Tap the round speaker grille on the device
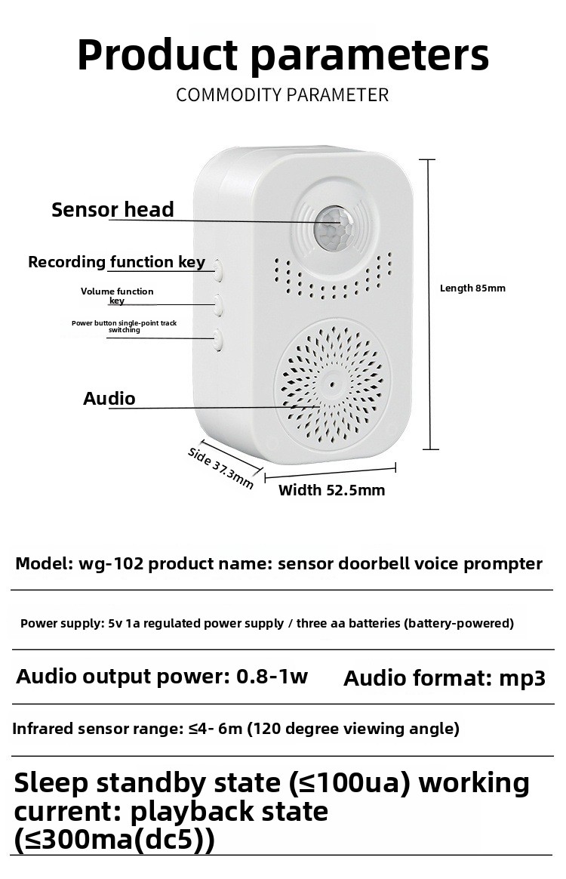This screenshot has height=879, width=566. [332, 384]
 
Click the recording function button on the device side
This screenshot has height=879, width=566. [217, 271]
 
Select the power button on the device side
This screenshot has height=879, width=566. [217, 340]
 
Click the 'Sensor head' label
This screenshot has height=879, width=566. [112, 210]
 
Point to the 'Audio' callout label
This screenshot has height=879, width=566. [109, 399]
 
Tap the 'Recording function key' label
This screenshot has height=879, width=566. [116, 262]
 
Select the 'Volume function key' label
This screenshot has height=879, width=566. [116, 295]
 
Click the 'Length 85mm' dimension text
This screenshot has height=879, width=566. [472, 288]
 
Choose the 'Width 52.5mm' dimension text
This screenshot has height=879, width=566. [332, 491]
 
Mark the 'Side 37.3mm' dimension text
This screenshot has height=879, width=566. [220, 467]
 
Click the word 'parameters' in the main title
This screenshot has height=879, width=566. [369, 55]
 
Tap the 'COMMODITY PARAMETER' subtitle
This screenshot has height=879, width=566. [282, 94]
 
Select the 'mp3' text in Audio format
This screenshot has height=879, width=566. [522, 678]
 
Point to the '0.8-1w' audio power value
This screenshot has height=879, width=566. [272, 676]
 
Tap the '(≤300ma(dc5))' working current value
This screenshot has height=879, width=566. [114, 840]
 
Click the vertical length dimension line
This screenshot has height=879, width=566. [429, 304]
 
